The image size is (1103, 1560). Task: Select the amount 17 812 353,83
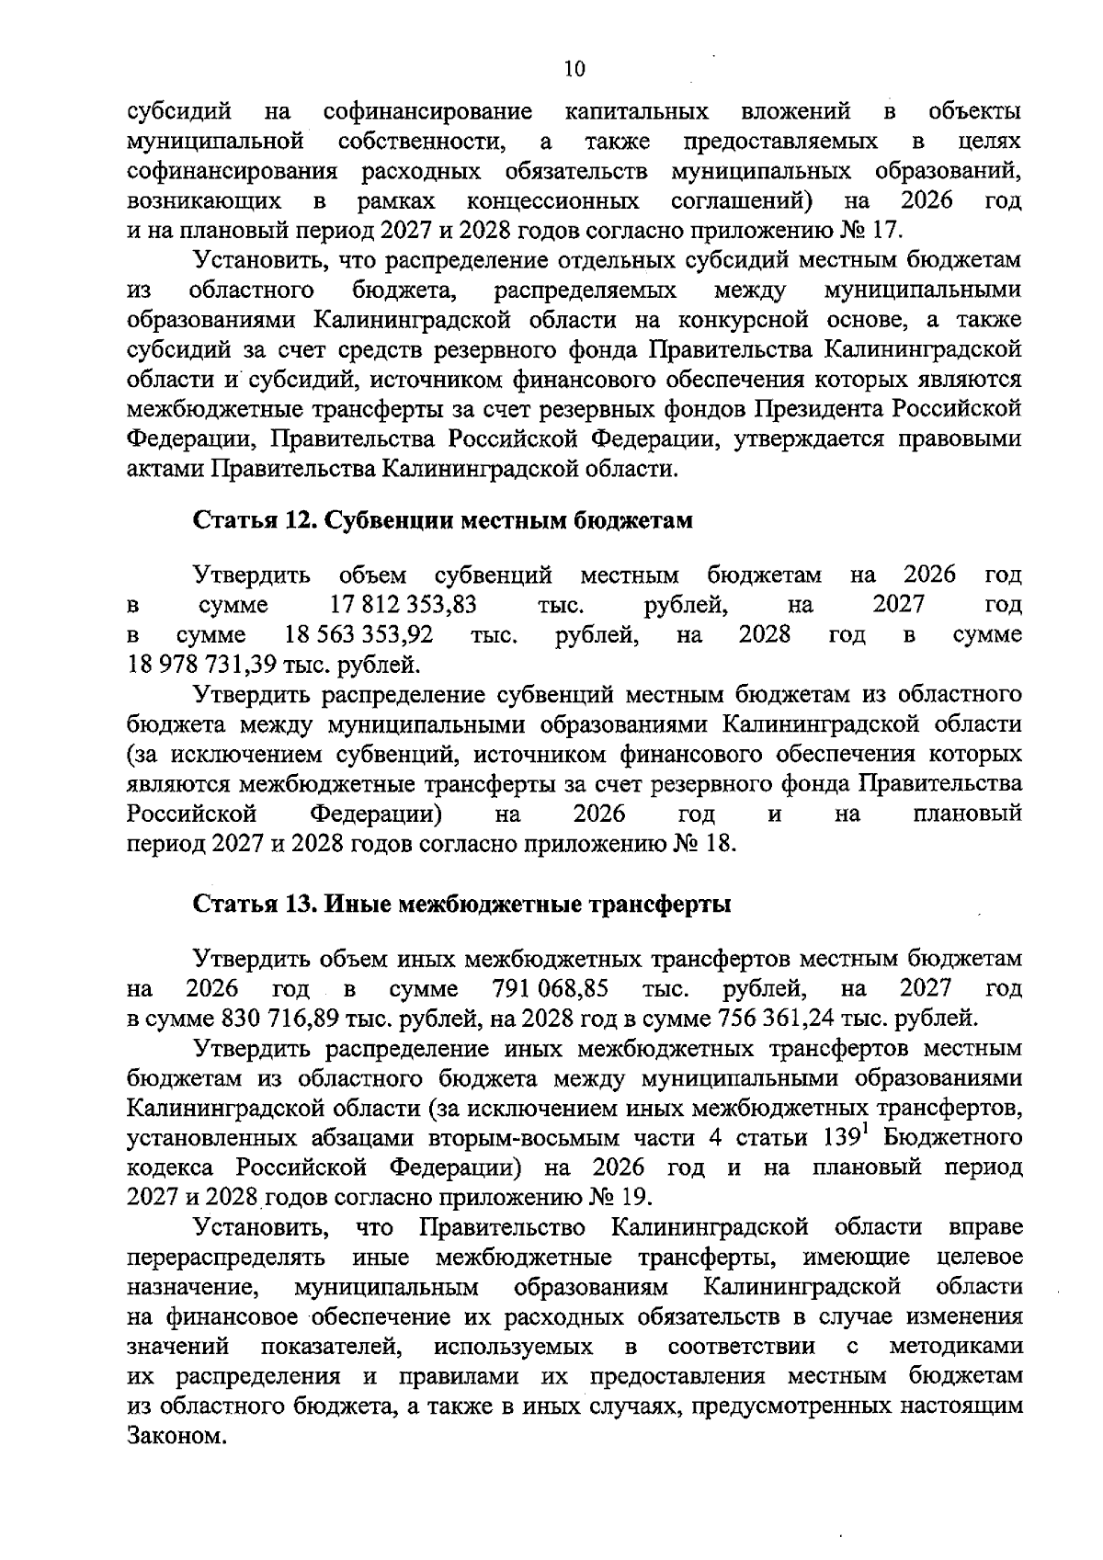click(403, 605)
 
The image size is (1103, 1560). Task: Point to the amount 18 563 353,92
click(359, 635)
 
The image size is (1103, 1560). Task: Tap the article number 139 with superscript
click(841, 1138)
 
